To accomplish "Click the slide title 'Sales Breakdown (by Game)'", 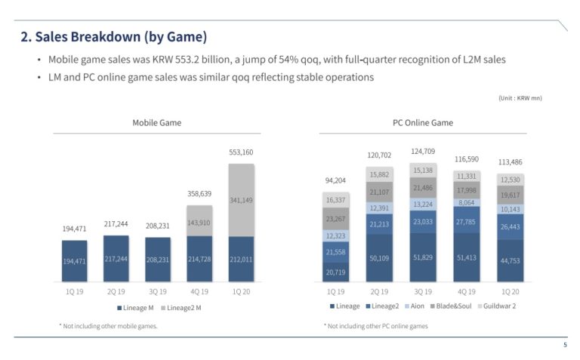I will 113,36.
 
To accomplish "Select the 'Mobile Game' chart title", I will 156,122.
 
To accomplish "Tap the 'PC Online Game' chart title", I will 423,122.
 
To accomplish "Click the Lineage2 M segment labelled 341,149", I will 242,200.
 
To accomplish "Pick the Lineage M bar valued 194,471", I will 74,260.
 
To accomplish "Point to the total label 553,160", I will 242,152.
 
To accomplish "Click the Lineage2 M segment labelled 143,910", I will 199,222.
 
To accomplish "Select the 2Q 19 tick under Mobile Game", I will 116,291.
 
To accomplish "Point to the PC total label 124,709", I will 423,152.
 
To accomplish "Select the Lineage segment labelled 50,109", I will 379,258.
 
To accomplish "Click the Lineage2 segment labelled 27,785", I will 466,222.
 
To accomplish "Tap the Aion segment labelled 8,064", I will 466,202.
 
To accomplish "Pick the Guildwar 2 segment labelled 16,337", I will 335,200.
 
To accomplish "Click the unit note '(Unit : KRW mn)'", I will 520,98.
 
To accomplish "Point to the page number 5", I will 565,345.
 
